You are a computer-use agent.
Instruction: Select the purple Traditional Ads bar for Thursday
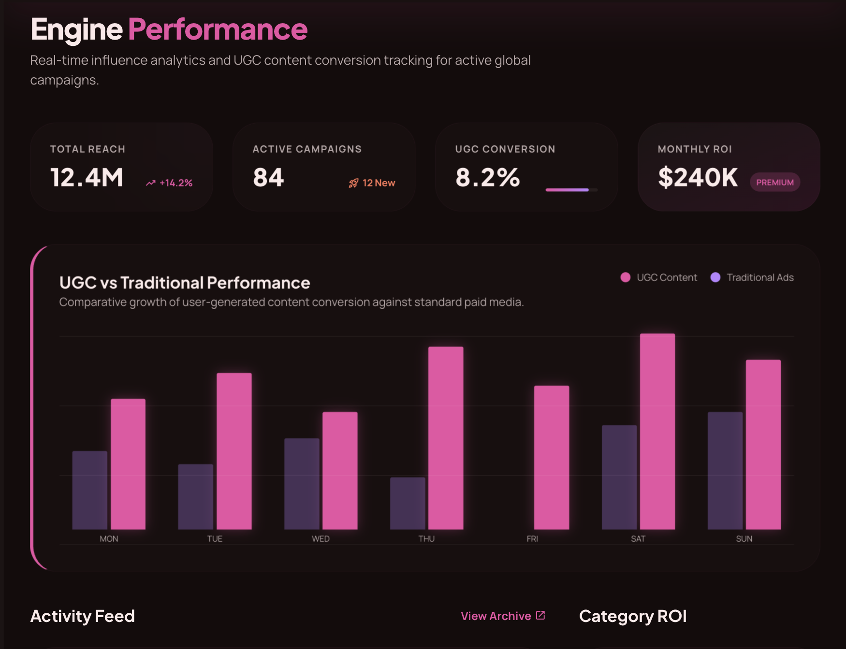(408, 503)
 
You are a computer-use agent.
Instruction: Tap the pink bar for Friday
(551, 457)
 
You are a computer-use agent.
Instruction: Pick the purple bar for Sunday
(725, 470)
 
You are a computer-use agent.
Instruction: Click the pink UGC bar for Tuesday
(234, 451)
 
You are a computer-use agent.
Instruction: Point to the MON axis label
(109, 538)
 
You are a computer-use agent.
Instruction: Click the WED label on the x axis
(321, 538)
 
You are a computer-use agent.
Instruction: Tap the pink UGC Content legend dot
(625, 277)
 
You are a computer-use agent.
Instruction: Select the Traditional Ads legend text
(760, 277)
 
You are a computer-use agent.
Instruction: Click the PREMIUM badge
(774, 182)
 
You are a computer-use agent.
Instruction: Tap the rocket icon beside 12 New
(353, 183)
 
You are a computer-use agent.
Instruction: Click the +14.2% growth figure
(176, 183)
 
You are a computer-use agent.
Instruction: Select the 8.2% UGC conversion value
(487, 177)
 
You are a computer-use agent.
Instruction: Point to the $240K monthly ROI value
(698, 177)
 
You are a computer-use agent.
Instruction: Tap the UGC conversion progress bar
(571, 190)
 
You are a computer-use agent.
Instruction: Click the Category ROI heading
(632, 616)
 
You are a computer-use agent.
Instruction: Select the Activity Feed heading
(82, 616)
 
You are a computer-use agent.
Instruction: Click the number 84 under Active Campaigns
(268, 177)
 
